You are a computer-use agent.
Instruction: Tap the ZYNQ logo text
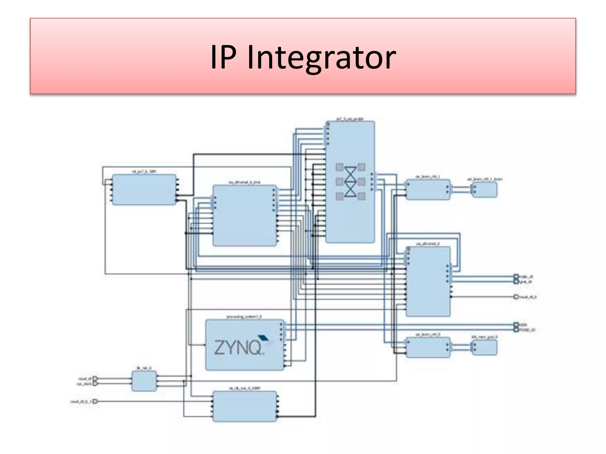pos(238,347)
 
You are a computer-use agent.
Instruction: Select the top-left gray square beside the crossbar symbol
pos(339,167)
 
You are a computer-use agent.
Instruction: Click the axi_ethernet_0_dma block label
pos(244,182)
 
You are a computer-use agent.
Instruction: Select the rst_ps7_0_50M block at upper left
pos(144,189)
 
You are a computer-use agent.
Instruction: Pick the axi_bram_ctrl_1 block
pos(428,189)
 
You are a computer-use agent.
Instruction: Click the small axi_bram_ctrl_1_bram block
pos(484,189)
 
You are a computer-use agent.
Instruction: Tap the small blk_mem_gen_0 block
pos(484,347)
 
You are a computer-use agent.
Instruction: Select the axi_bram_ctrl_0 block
pos(428,347)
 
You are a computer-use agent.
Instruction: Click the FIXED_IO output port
pos(516,330)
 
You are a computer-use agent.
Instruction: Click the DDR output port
pos(516,325)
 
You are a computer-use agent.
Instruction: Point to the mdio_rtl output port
pos(516,276)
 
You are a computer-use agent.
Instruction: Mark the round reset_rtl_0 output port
pos(516,297)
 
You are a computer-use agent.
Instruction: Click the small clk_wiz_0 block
pos(144,381)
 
